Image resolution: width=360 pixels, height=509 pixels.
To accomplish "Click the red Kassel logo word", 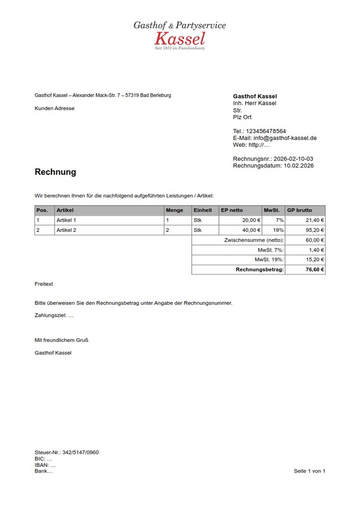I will [179, 38].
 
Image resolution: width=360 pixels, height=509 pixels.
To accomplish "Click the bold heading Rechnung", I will [55, 172].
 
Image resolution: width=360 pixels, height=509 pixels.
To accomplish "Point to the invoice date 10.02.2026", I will [298, 166].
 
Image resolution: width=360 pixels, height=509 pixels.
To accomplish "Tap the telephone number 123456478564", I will [266, 131].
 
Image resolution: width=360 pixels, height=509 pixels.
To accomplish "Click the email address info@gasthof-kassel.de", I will [285, 138].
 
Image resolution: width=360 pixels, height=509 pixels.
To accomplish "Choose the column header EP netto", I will [232, 210].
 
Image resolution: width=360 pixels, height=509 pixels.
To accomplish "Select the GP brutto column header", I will [300, 210].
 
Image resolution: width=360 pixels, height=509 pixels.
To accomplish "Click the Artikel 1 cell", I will [67, 220].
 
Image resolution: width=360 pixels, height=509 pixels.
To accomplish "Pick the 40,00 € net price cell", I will [251, 230].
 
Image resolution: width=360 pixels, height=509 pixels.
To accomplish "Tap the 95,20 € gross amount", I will [314, 230].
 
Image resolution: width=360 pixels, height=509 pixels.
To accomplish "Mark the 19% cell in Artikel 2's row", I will [279, 230].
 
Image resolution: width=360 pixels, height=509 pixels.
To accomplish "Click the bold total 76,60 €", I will [315, 270].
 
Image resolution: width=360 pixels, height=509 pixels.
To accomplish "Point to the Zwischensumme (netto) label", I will [254, 240].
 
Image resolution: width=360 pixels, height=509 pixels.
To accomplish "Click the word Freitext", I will [43, 284].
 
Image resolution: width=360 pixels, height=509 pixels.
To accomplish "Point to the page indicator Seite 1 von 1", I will [310, 471].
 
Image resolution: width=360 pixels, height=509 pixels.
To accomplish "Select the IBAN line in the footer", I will [45, 465].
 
